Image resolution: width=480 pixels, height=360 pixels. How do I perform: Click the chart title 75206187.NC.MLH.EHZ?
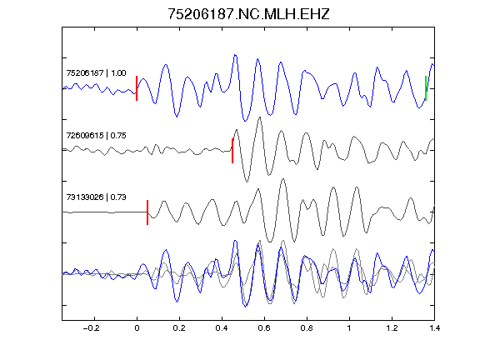click(x=248, y=14)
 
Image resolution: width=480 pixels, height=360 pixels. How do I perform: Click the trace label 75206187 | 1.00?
click(x=96, y=72)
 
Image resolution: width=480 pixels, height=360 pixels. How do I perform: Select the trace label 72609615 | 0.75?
click(x=96, y=135)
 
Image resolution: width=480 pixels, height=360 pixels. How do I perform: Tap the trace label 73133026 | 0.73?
click(x=96, y=197)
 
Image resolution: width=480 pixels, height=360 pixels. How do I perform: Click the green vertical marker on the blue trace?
click(x=426, y=88)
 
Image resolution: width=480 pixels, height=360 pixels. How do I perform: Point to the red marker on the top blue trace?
click(x=137, y=88)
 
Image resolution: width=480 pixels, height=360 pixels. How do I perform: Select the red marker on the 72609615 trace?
click(x=232, y=151)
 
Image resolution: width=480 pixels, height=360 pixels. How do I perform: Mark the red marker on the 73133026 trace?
click(x=147, y=212)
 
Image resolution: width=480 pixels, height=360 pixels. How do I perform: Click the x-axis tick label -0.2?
click(x=92, y=328)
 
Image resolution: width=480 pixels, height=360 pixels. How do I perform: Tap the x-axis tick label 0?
click(x=137, y=328)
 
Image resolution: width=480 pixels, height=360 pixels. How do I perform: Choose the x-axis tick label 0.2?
click(x=179, y=328)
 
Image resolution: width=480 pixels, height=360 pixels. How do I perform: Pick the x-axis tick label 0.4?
click(x=222, y=328)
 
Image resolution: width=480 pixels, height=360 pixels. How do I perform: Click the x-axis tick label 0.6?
click(x=264, y=328)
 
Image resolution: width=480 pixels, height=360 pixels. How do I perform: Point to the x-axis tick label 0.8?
click(x=307, y=328)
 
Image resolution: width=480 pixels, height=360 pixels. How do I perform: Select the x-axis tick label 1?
click(x=349, y=328)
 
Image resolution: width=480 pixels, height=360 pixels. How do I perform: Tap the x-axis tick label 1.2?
click(x=392, y=328)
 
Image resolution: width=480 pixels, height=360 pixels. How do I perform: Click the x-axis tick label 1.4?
click(x=434, y=328)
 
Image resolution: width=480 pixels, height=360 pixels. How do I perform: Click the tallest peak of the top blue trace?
click(x=235, y=55)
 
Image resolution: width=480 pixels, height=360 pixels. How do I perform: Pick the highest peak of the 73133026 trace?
click(x=283, y=179)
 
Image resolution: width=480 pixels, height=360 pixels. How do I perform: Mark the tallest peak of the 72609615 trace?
click(x=260, y=117)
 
